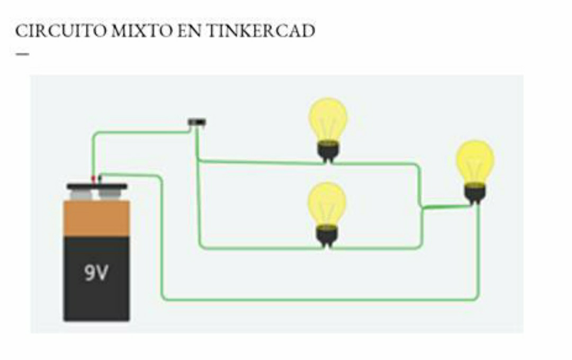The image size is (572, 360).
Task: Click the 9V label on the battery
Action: coord(96,273)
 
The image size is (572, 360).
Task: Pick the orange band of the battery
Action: coord(96,218)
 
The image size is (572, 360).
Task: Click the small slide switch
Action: coord(197,122)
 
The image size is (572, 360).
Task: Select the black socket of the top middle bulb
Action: coord(328,150)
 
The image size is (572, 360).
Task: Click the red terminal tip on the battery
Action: coord(94,179)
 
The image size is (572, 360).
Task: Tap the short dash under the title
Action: coord(22,54)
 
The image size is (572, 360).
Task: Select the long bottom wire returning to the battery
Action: coord(318,300)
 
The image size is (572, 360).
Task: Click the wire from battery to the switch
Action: coord(138,132)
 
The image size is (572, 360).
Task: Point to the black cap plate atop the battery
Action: coord(96,186)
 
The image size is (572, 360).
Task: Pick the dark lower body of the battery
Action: coord(96,286)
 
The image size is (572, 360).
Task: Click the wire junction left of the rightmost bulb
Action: coord(423,208)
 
